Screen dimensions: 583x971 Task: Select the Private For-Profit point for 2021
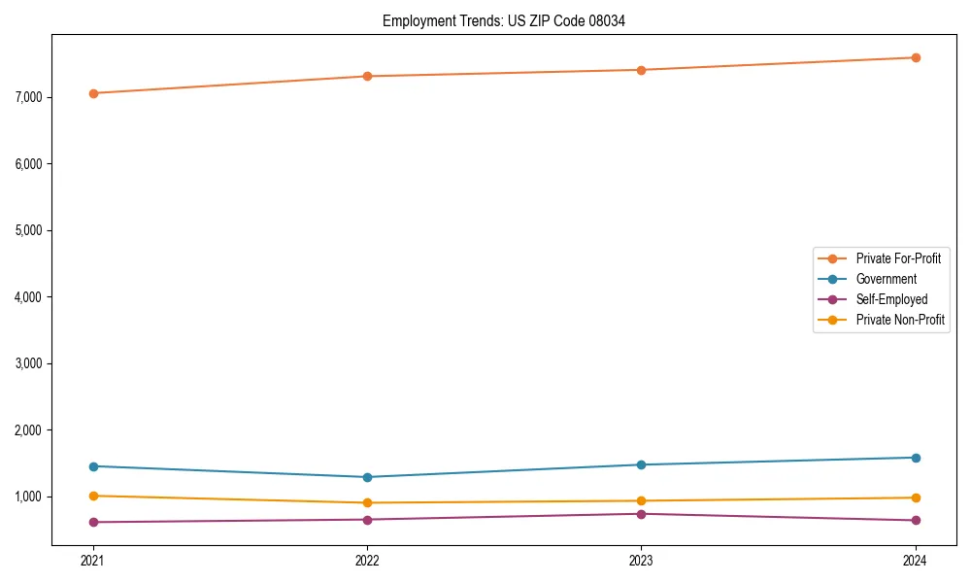pyautogui.click(x=93, y=93)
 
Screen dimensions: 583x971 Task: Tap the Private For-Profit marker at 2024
pyautogui.click(x=916, y=57)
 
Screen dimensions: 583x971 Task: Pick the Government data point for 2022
pyautogui.click(x=367, y=477)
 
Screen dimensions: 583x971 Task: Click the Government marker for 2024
pyautogui.click(x=916, y=458)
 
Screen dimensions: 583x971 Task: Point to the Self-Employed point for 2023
pyautogui.click(x=641, y=514)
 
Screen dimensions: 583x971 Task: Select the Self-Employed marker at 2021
pyautogui.click(x=93, y=522)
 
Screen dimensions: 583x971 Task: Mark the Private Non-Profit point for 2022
pyautogui.click(x=367, y=502)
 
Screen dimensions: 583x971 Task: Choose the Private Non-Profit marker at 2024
pyautogui.click(x=916, y=497)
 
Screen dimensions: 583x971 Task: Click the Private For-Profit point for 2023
pyautogui.click(x=641, y=70)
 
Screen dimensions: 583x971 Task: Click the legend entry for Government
pyautogui.click(x=886, y=279)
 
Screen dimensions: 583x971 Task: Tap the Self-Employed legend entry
pyautogui.click(x=891, y=299)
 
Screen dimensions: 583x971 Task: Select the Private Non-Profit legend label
pyautogui.click(x=900, y=320)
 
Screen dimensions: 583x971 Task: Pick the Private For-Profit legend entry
pyautogui.click(x=898, y=258)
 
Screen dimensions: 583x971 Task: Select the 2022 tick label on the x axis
pyautogui.click(x=367, y=560)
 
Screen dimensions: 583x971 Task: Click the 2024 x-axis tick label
pyautogui.click(x=916, y=560)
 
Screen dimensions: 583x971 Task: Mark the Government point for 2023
pyautogui.click(x=641, y=464)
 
